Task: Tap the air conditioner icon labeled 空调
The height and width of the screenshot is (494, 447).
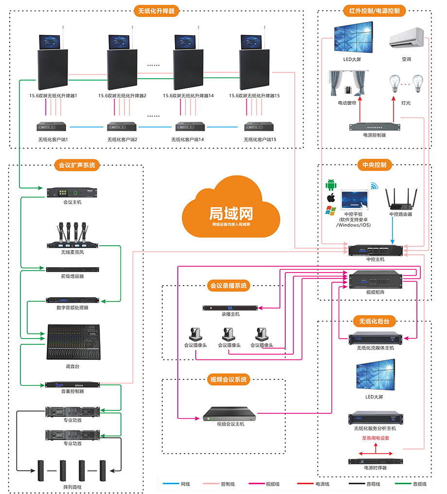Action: tap(406, 38)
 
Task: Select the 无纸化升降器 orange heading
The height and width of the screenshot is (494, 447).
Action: tap(156, 10)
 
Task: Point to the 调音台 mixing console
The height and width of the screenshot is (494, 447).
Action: tap(73, 342)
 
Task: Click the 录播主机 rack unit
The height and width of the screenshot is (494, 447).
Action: tap(230, 307)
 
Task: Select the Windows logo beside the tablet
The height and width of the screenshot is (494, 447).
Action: tap(331, 210)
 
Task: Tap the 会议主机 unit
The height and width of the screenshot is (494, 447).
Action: tap(72, 192)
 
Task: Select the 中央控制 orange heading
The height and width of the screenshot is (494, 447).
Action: tap(374, 165)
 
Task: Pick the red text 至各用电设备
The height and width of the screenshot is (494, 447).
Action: tap(375, 438)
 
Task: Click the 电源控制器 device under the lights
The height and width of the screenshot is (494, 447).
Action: tap(374, 127)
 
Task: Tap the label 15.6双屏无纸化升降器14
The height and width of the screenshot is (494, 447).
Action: tap(188, 96)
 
